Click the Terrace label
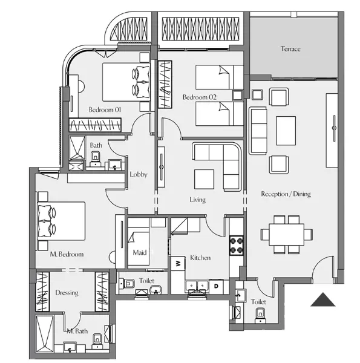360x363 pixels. (x=290, y=49)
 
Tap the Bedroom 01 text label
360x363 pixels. (x=105, y=110)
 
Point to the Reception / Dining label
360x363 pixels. (x=285, y=194)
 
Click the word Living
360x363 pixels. (x=197, y=200)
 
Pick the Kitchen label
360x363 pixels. (x=200, y=258)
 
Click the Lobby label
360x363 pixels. (x=139, y=175)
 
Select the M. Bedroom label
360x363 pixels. (x=67, y=254)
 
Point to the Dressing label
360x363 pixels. (x=67, y=293)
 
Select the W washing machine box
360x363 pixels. (x=178, y=264)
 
